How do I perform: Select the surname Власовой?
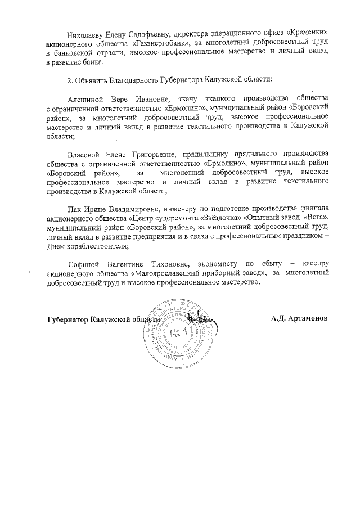pos(86,154)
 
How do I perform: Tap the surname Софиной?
pos(83,263)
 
